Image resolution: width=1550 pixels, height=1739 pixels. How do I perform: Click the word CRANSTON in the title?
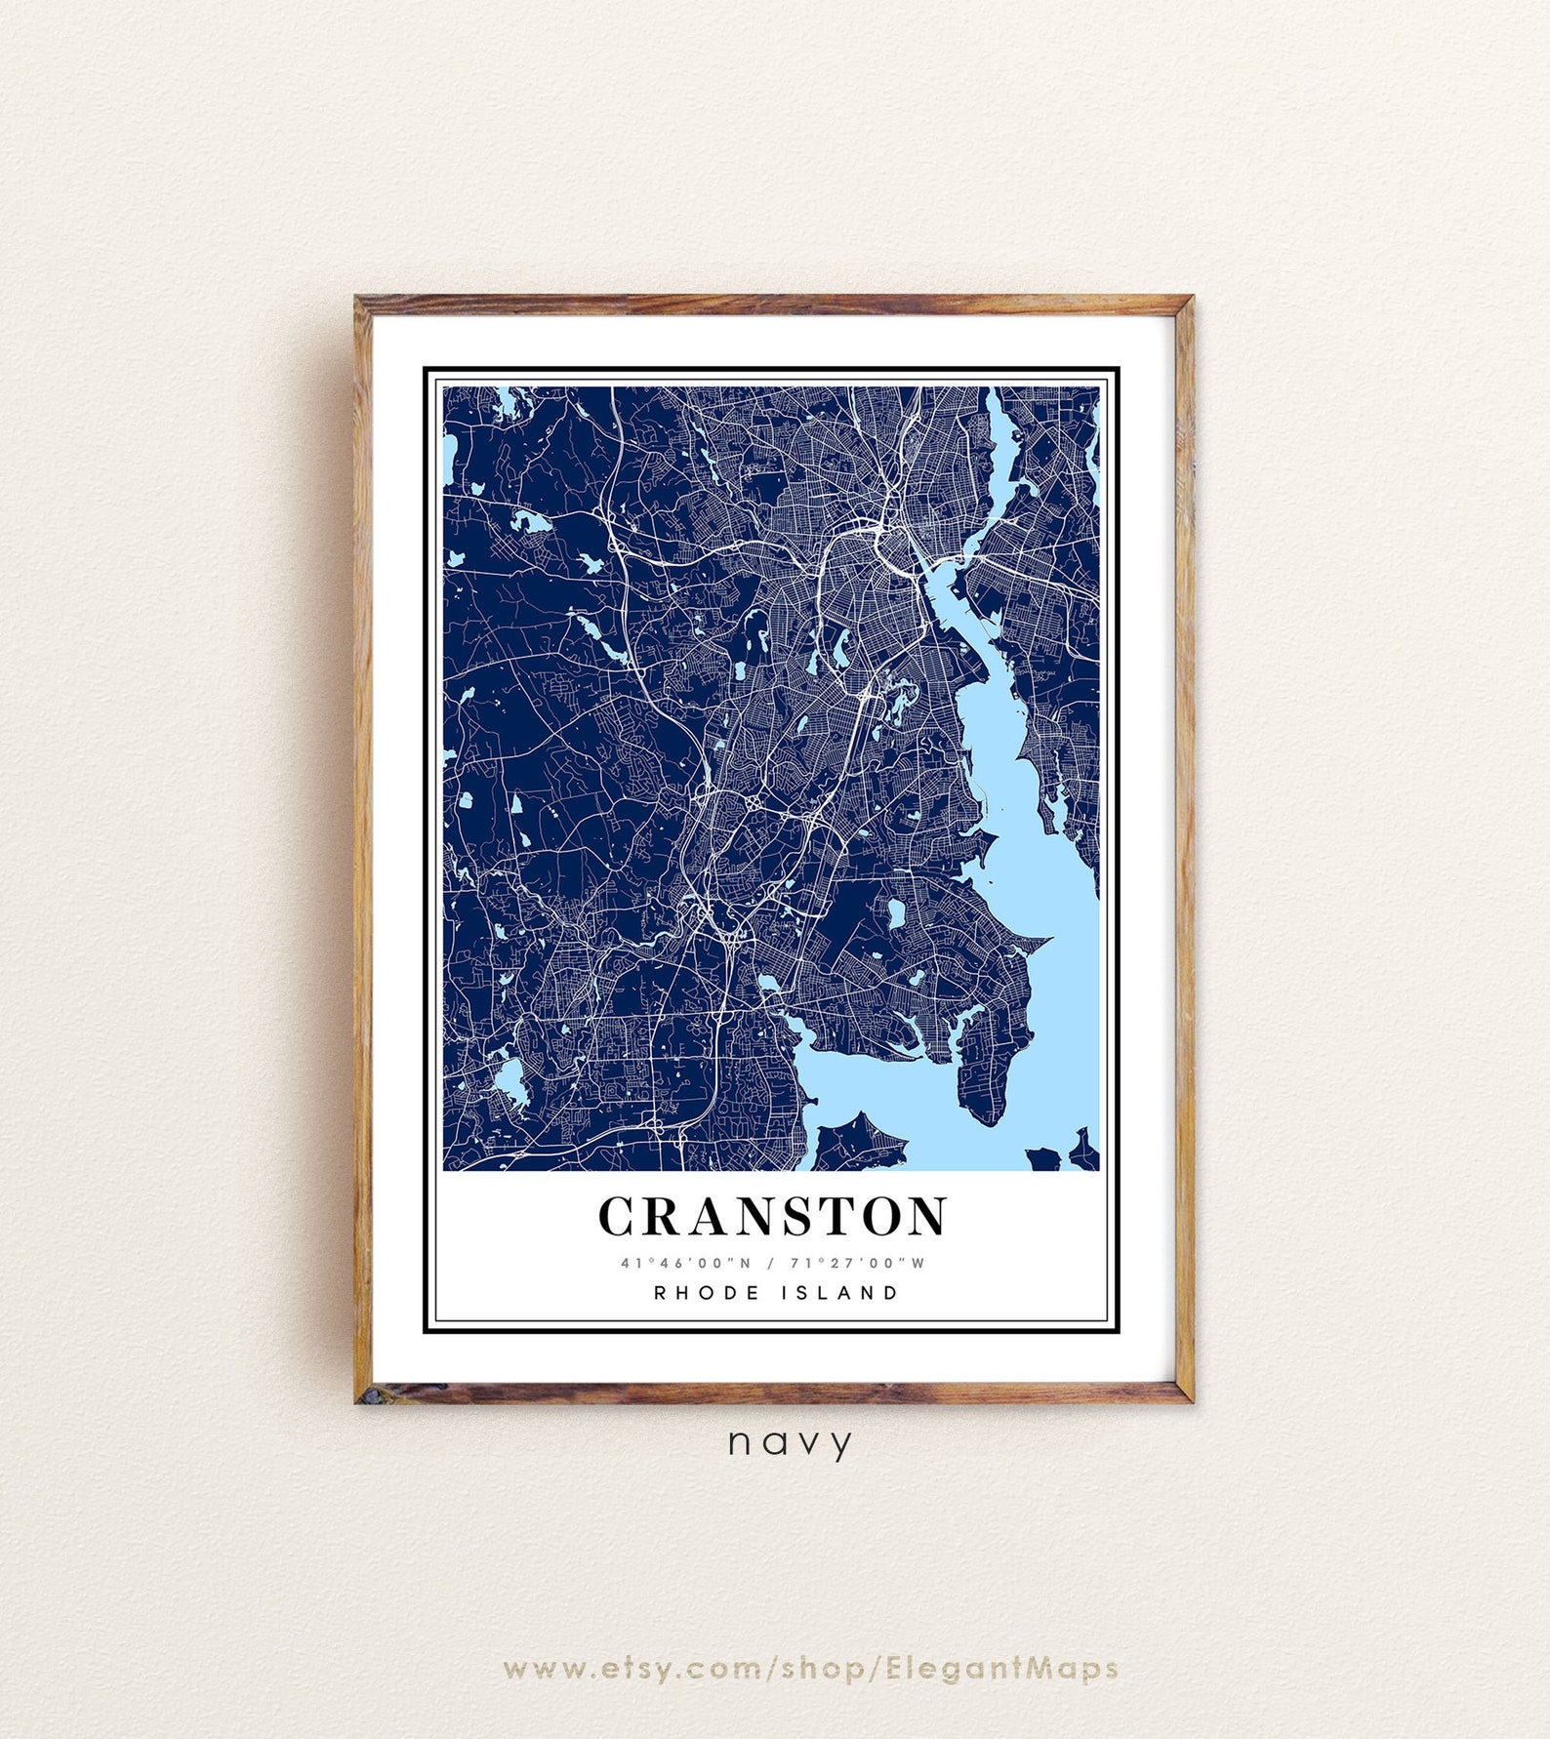772,1216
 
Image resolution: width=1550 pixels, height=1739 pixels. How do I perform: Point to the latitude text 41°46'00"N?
686,1263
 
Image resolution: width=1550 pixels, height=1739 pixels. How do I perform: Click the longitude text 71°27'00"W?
857,1263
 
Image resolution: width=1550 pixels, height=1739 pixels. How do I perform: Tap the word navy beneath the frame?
790,1441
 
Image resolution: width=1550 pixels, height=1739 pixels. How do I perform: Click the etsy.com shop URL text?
810,1668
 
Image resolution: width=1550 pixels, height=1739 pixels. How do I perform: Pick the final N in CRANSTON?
926,1216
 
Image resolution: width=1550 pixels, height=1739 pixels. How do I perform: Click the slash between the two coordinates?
770,1263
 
